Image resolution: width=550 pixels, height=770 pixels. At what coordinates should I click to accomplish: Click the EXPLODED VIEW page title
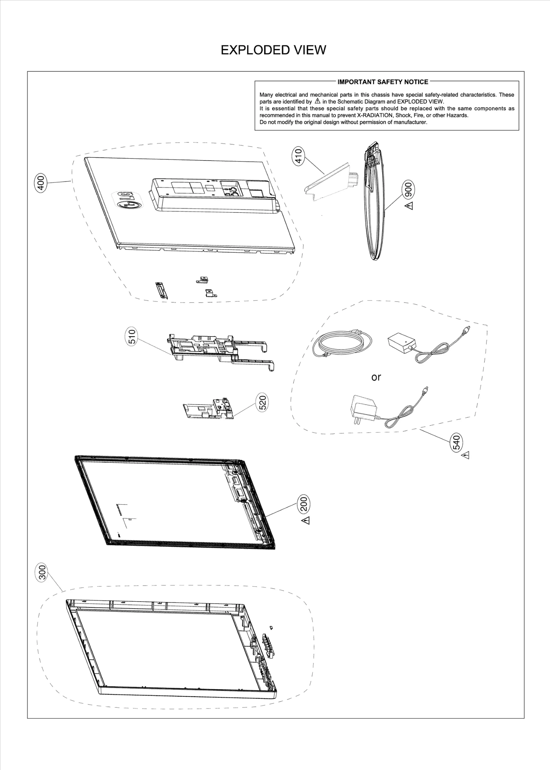point(273,50)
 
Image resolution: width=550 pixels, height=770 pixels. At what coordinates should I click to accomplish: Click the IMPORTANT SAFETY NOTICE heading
point(383,82)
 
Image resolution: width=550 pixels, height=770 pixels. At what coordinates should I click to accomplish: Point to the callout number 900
point(409,189)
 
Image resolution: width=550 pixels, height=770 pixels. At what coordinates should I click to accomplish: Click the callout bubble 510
point(133,337)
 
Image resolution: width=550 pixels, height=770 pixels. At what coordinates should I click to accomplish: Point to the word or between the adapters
point(376,377)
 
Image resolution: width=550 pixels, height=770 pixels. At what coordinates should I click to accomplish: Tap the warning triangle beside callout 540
point(466,455)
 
